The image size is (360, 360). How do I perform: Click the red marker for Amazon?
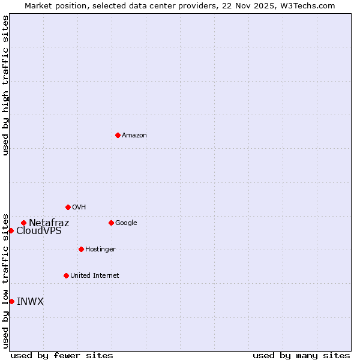[x=118, y=135]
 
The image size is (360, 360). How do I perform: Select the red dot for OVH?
[x=68, y=207]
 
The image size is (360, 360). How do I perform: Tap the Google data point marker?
[x=111, y=223]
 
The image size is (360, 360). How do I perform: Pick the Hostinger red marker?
[x=81, y=249]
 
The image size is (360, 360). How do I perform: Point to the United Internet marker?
[x=66, y=275]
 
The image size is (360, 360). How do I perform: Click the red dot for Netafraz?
[x=23, y=223]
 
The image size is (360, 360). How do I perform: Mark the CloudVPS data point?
[x=11, y=230]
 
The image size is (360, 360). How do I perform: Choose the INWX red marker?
[x=11, y=301]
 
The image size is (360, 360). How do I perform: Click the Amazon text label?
[x=134, y=136]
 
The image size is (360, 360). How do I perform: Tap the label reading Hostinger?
[x=100, y=250]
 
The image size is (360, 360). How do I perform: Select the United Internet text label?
[x=94, y=276]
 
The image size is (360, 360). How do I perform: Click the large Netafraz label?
[x=49, y=223]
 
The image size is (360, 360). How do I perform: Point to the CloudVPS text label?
[x=38, y=231]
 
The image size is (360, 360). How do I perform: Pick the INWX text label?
[x=30, y=302]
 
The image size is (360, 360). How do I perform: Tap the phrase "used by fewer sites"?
[x=62, y=356]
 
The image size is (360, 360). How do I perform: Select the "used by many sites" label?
[x=301, y=356]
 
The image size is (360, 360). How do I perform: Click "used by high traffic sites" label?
[x=6, y=85]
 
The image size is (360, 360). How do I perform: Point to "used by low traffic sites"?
[x=6, y=280]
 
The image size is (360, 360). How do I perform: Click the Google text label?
[x=126, y=223]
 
